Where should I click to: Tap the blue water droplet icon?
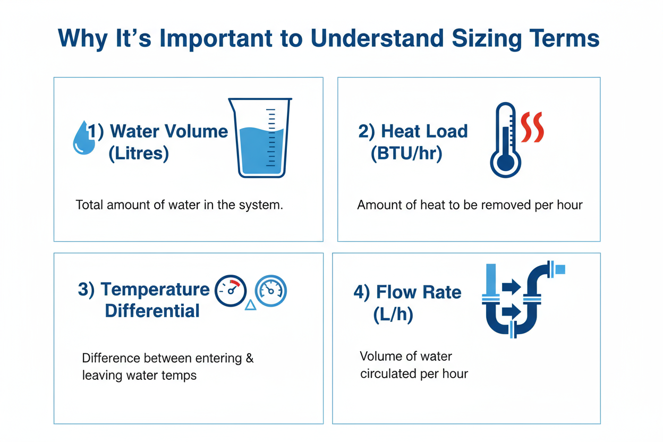[83, 138]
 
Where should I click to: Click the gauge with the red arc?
[230, 291]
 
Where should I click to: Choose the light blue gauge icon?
[271, 291]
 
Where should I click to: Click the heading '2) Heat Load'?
[413, 131]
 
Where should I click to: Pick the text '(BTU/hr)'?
[406, 155]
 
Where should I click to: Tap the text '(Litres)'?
[138, 154]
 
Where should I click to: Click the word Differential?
[152, 311]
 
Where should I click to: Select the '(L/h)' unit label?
[393, 315]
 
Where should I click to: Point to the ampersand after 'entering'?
[250, 358]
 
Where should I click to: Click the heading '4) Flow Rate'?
[407, 292]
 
